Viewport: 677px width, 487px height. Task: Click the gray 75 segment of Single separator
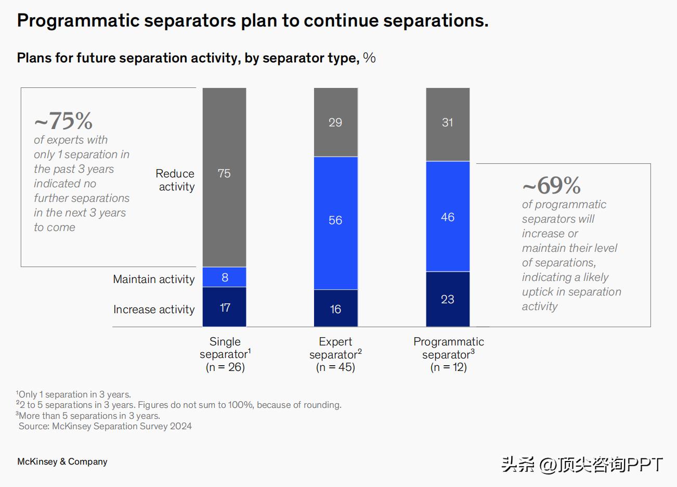pos(224,177)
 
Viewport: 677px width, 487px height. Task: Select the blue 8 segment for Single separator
pos(224,277)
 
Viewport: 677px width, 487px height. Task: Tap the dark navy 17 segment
pos(224,307)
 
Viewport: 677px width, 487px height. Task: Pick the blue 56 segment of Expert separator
pos(335,223)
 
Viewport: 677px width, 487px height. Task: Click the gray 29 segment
pos(335,122)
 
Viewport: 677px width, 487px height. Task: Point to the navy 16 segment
pos(335,309)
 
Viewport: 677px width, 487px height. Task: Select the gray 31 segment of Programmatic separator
pos(448,124)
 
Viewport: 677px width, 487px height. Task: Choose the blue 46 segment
pos(448,216)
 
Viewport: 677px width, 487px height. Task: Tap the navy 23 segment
pos(448,299)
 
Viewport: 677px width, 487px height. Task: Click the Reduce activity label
pos(175,180)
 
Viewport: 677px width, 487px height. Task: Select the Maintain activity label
pos(154,279)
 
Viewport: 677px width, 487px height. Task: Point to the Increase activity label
pos(154,310)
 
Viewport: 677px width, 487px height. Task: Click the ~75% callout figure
pos(63,121)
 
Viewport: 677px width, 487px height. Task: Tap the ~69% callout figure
pos(552,185)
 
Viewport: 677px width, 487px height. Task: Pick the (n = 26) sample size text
pos(225,367)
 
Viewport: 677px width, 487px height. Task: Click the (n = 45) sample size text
pos(335,367)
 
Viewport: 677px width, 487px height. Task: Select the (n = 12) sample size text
pos(448,367)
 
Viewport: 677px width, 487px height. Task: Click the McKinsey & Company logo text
pos(62,462)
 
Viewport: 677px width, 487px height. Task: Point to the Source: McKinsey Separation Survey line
pos(105,426)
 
